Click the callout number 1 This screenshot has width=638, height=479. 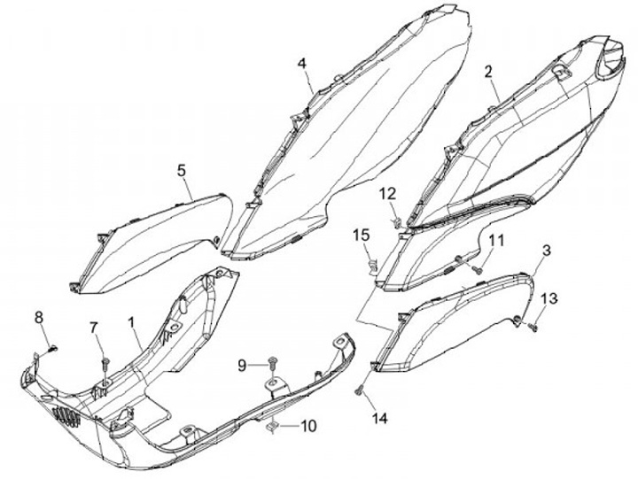click(132, 325)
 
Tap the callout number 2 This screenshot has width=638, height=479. click(488, 72)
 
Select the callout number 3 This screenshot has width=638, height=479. click(546, 251)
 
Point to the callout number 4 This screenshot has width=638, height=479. click(302, 64)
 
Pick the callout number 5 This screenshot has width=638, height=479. click(181, 167)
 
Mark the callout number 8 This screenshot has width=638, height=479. click(38, 317)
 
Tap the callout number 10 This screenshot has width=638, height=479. click(307, 426)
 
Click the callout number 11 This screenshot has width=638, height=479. click(495, 240)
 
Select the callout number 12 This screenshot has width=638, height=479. click(389, 195)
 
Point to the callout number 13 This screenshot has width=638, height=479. click(549, 298)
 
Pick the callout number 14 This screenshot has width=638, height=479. click(379, 416)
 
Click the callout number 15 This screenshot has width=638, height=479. click(361, 235)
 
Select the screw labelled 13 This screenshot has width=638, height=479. click(533, 327)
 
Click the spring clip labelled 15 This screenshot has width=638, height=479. click(373, 261)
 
